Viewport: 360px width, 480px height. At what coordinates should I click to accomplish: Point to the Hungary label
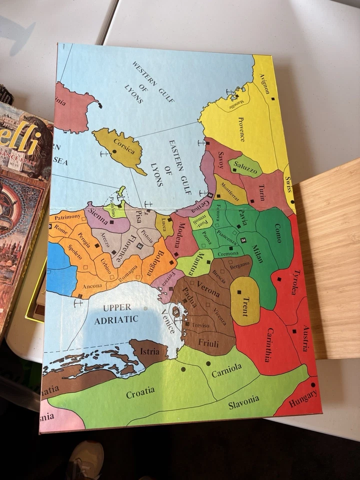(x=302, y=398)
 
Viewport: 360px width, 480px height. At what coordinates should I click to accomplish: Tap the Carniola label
(x=226, y=370)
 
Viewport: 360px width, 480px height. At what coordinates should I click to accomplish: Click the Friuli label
(x=208, y=342)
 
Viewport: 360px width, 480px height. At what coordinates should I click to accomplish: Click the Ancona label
(x=91, y=286)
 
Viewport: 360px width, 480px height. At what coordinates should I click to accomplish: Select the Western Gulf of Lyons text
(x=150, y=83)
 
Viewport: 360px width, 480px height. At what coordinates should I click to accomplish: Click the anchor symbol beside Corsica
(x=104, y=153)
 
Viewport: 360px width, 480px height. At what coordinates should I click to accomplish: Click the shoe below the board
(x=85, y=459)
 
